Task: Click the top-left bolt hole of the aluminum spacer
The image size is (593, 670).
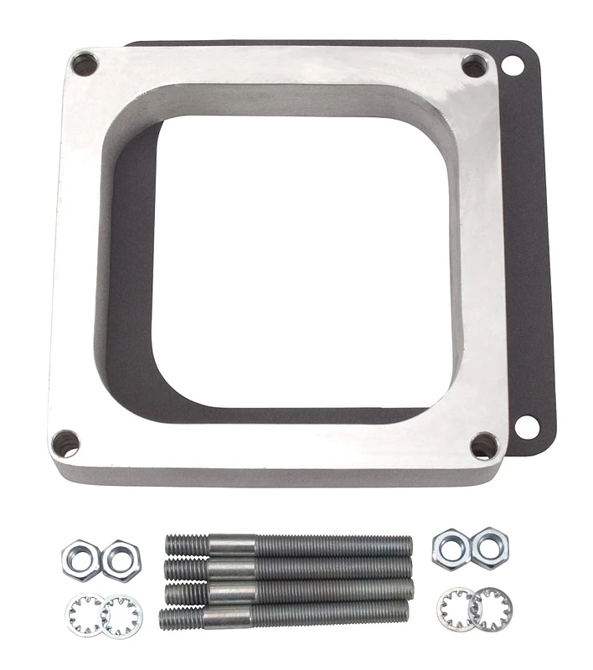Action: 85,64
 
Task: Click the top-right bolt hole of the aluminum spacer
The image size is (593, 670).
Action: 474,65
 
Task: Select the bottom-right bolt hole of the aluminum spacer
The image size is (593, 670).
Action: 483,446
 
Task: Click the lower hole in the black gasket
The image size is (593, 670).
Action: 527,425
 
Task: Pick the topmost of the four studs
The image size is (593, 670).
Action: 288,545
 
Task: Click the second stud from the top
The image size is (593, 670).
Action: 288,569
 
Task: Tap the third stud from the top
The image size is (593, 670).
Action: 288,592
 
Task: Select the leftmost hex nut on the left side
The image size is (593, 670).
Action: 81,559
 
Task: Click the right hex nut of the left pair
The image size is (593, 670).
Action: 121,560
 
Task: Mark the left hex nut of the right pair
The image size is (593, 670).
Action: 451,549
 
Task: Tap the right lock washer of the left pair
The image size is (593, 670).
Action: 122,615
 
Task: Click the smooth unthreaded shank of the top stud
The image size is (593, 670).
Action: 231,545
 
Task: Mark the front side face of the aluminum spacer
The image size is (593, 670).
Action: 276,475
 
